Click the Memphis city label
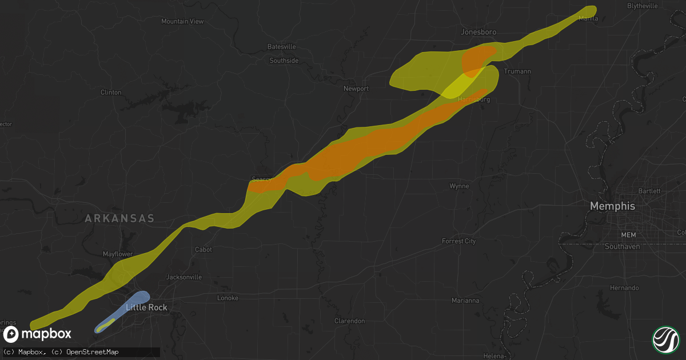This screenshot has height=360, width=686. click(x=612, y=206)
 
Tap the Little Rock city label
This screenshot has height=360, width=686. click(x=146, y=307)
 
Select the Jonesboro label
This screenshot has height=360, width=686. click(x=478, y=33)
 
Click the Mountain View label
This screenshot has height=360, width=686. click(x=182, y=21)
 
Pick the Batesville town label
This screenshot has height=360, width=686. click(x=282, y=46)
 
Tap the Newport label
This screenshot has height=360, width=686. click(x=356, y=89)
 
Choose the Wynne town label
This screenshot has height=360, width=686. click(x=459, y=186)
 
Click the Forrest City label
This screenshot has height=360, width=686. click(x=458, y=241)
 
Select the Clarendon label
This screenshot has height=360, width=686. click(x=349, y=321)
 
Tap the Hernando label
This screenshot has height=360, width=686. click(x=625, y=288)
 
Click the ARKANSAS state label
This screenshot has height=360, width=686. click(x=119, y=218)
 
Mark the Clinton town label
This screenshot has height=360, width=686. click(x=111, y=92)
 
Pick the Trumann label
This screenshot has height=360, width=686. click(x=517, y=71)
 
